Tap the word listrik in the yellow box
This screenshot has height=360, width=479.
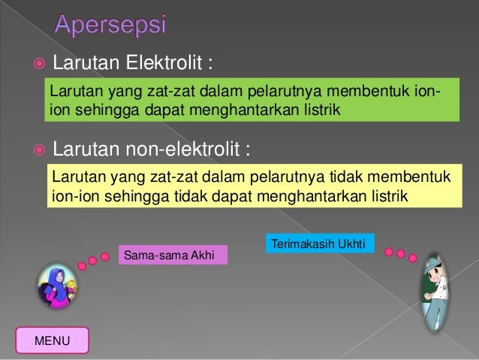pyautogui.click(x=387, y=197)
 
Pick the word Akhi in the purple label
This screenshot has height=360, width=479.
pyautogui.click(x=202, y=256)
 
